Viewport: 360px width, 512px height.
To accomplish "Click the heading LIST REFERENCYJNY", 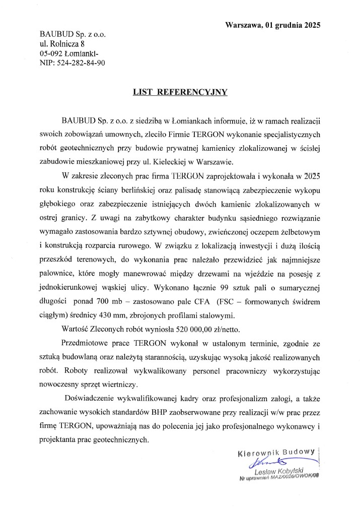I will (x=180, y=92).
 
